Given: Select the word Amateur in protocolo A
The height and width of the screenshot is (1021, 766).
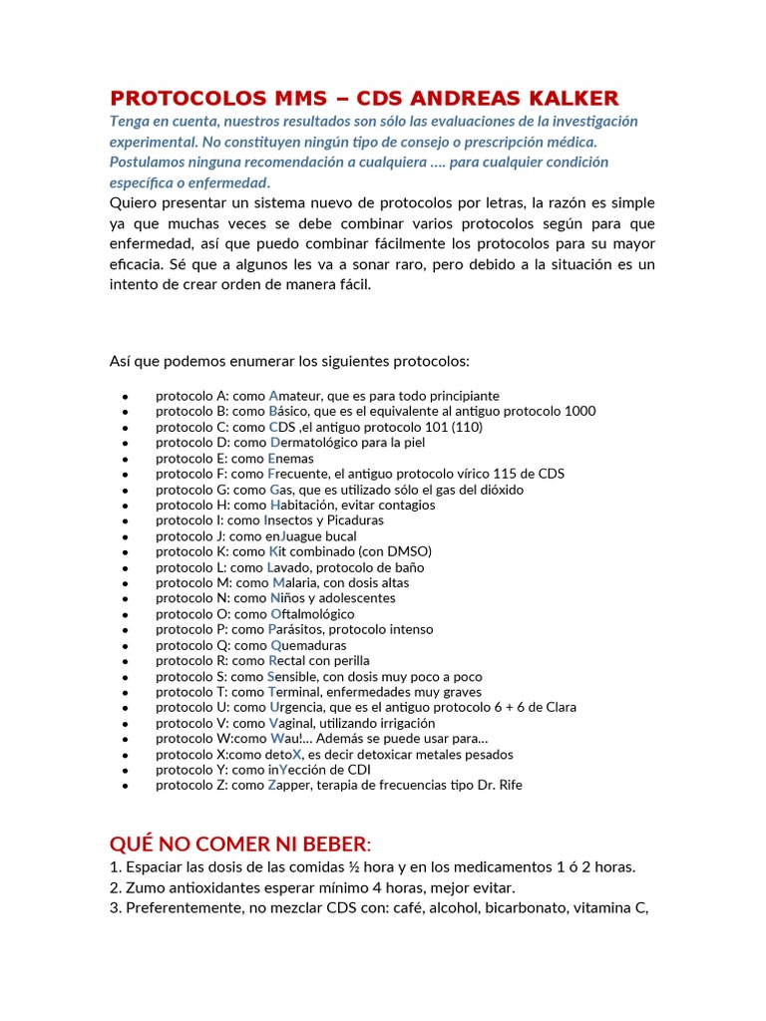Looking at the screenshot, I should click(298, 396).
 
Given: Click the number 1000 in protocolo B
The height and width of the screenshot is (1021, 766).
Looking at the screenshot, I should click(579, 411).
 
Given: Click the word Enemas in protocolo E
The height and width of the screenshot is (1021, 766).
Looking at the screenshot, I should click(291, 459).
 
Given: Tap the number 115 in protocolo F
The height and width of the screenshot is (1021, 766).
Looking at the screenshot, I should click(509, 474).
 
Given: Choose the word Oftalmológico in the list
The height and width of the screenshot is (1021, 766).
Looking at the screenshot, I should click(312, 614).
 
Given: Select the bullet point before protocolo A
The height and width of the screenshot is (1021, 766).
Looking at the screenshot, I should click(125, 397).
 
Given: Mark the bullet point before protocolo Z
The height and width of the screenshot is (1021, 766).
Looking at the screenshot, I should click(125, 786).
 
